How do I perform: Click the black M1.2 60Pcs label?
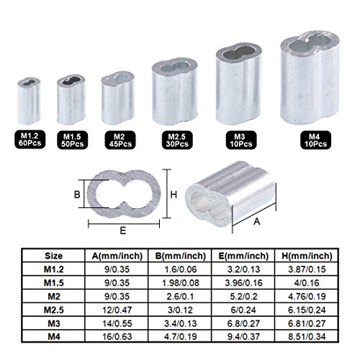(28, 138)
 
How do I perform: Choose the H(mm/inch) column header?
(304, 256)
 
